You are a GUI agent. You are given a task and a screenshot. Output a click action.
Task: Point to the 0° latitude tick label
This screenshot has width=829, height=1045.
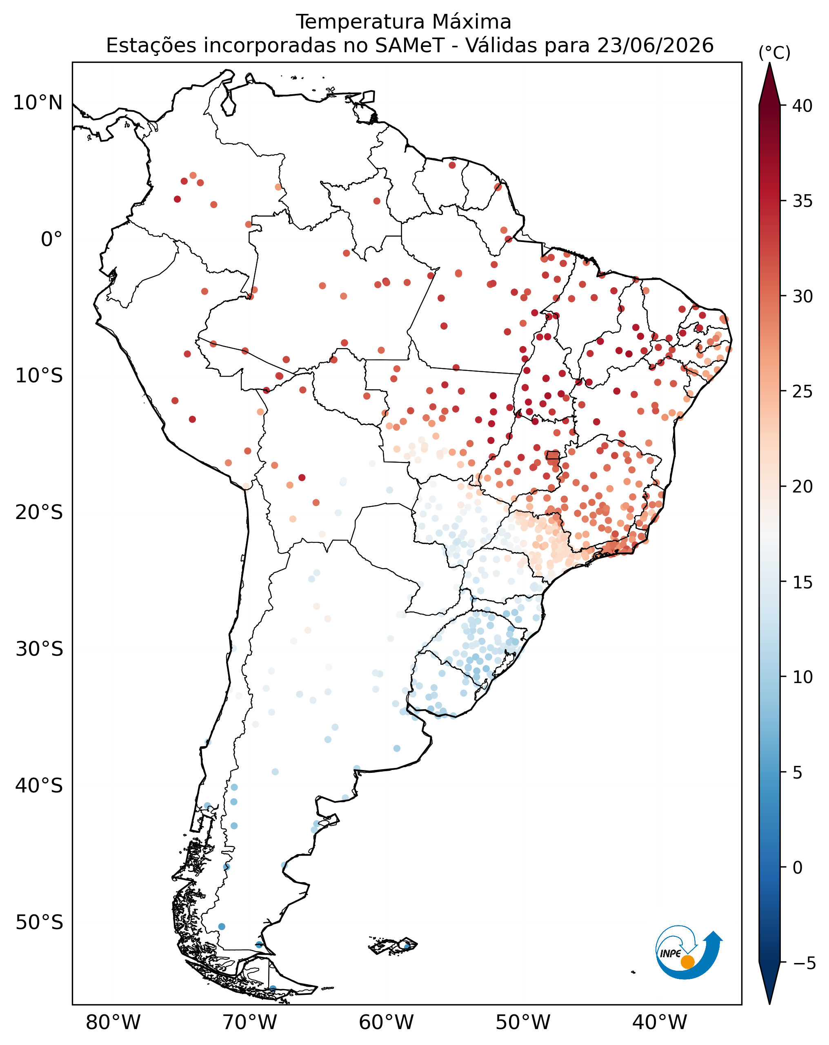point(51,239)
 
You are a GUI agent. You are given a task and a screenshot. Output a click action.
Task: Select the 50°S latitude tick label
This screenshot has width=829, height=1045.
point(39,922)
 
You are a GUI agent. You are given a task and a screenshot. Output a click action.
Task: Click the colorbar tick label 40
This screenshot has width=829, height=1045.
point(802,106)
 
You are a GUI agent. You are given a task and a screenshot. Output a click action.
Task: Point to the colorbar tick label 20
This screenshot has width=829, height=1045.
point(802,487)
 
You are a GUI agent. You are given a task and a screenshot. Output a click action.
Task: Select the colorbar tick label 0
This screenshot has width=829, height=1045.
point(798,868)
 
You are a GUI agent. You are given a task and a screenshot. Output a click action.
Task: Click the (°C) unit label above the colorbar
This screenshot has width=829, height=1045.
point(774,52)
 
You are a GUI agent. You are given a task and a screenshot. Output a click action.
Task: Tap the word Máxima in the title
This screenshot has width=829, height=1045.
point(471,22)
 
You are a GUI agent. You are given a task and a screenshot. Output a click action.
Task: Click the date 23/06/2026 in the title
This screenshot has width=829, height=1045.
point(656,46)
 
